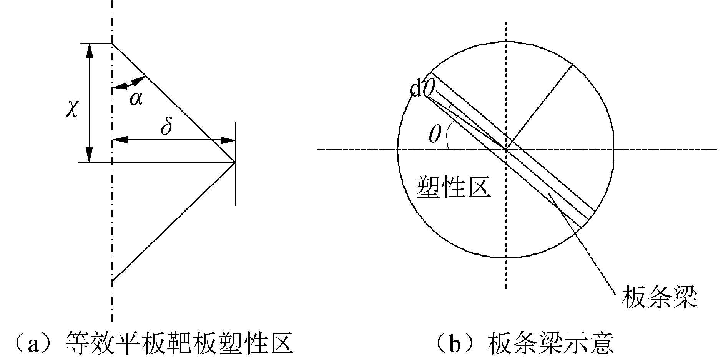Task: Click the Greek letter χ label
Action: pyautogui.click(x=72, y=109)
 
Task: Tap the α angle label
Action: pyautogui.click(x=136, y=98)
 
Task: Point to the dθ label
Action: pyautogui.click(x=423, y=90)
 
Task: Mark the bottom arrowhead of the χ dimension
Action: pyautogui.click(x=90, y=156)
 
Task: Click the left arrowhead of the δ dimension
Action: pyautogui.click(x=118, y=140)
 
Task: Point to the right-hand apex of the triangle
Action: pyautogui.click(x=235, y=162)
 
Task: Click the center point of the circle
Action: pyautogui.click(x=505, y=149)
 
